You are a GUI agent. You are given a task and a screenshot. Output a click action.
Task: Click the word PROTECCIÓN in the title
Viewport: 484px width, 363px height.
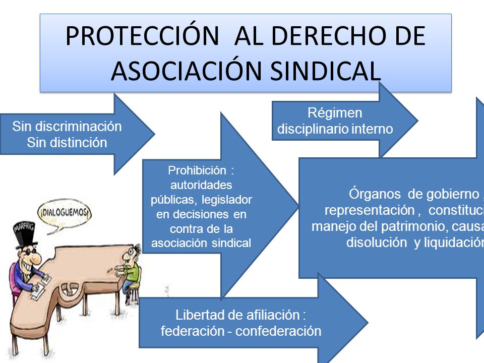142,36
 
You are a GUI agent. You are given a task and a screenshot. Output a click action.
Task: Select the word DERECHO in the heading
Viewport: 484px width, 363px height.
336,36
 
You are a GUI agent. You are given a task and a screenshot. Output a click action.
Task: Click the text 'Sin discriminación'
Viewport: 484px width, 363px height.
67,127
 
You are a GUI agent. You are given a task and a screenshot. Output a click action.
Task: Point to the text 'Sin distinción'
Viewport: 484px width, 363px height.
67,143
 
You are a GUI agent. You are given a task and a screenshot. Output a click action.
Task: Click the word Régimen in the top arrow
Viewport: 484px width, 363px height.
335,113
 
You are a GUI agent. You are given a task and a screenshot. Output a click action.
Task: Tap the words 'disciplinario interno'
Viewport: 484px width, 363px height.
335,129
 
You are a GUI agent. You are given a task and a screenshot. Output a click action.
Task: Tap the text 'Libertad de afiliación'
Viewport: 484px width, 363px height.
237,316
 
